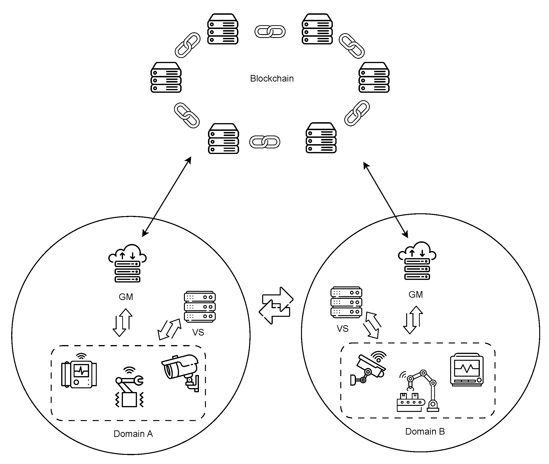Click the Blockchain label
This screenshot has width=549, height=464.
click(272, 79)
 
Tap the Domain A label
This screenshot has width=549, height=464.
click(133, 434)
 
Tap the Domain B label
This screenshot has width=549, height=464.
click(425, 431)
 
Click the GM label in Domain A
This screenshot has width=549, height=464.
click(126, 297)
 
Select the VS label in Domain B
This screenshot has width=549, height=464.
click(342, 328)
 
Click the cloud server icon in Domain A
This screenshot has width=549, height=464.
click(128, 263)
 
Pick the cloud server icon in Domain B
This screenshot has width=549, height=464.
click(417, 261)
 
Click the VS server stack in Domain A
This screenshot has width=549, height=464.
click(200, 307)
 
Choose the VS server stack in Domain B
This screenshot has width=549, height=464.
click(346, 302)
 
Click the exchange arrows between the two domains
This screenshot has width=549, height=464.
click(276, 306)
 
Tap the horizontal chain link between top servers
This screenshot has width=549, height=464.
click(270, 32)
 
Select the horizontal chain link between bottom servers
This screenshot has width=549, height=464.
click(265, 142)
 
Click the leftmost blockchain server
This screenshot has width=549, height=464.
click(166, 78)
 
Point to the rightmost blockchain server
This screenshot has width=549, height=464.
click(374, 78)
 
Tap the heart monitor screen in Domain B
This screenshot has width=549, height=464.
click(467, 370)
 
